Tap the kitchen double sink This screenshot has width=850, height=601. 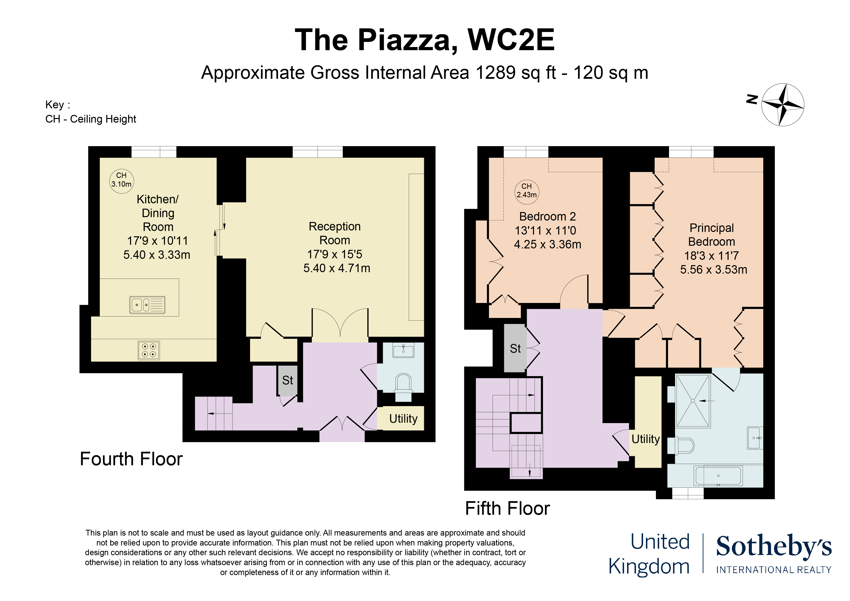(147, 305)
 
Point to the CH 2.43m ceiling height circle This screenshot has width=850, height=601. (527, 192)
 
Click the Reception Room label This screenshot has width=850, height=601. (335, 233)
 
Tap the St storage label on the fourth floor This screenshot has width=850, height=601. (288, 380)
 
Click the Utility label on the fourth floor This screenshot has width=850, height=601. (403, 419)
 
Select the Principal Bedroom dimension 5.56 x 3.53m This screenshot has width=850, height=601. (713, 269)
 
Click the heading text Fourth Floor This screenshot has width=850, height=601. (131, 459)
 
